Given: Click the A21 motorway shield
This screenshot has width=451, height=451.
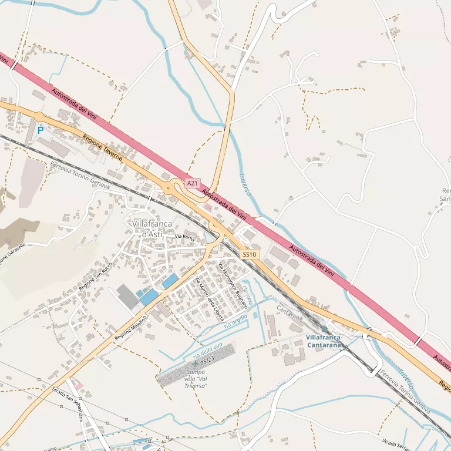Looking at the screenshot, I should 193,183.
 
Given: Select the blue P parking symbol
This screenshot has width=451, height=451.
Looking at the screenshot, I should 41,130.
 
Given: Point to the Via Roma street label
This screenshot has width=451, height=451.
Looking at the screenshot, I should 184,237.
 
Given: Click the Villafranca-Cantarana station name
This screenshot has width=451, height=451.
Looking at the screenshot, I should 324,341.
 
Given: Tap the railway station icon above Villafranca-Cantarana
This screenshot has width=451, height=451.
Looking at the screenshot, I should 324,329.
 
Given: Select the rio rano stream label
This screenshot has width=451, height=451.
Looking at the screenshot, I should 248,293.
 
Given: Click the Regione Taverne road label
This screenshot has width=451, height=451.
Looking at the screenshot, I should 102,148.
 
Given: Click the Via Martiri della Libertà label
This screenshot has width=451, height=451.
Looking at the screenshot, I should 210,298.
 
